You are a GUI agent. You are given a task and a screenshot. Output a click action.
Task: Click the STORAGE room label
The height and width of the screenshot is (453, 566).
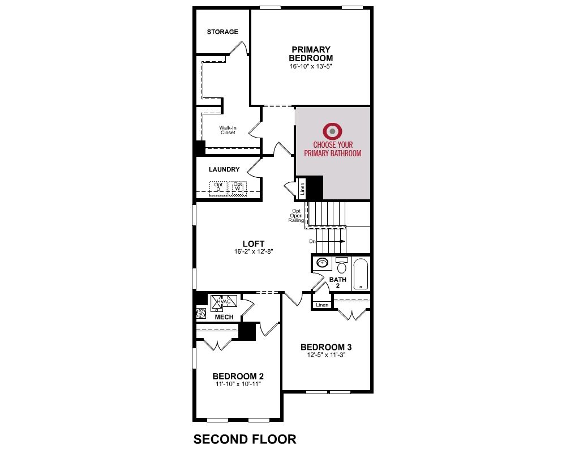click(x=222, y=32)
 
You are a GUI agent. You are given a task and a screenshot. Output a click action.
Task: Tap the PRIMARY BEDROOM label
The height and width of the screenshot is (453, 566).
click(x=311, y=53)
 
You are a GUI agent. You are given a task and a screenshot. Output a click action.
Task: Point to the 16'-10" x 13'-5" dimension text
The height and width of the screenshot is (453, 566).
click(x=311, y=66)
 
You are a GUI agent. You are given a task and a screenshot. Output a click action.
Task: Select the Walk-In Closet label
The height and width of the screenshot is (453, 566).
click(x=228, y=130)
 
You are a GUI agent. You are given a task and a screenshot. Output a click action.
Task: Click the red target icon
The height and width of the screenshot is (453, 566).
click(x=332, y=131)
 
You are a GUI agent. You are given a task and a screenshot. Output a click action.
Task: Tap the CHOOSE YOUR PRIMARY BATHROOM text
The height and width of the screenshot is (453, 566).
click(x=332, y=149)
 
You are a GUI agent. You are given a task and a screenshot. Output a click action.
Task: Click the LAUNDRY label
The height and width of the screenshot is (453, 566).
click(x=224, y=169)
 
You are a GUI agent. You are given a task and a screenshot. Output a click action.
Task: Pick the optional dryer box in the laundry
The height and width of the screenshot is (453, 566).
click(x=218, y=189)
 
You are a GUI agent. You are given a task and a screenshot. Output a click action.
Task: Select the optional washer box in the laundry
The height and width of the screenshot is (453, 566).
click(x=238, y=189)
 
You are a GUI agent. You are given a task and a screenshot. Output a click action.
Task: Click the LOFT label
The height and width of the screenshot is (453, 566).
click(x=254, y=244)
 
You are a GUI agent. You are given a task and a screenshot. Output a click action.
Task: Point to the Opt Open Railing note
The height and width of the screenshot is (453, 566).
click(x=296, y=216)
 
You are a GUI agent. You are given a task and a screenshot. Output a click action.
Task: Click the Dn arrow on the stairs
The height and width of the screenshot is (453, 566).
click(x=328, y=241)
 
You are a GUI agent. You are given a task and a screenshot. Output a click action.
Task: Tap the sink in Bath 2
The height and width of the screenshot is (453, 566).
click(x=321, y=263)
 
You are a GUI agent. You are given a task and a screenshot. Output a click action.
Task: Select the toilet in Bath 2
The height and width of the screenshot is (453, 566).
click(x=341, y=266)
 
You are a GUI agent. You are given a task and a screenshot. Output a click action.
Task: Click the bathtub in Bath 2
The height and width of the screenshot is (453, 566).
click(x=360, y=273)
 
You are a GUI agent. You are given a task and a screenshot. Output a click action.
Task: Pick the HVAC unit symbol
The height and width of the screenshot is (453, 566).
click(x=224, y=302)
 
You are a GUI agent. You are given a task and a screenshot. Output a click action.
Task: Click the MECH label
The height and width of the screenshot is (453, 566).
click(x=224, y=317)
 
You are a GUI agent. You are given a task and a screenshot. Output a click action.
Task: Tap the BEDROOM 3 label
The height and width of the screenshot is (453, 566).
click(x=326, y=347)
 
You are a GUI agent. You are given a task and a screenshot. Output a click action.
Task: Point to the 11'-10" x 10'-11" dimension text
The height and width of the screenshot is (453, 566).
click(x=238, y=384)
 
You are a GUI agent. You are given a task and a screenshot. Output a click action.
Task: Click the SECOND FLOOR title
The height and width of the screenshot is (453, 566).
click(x=245, y=439)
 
